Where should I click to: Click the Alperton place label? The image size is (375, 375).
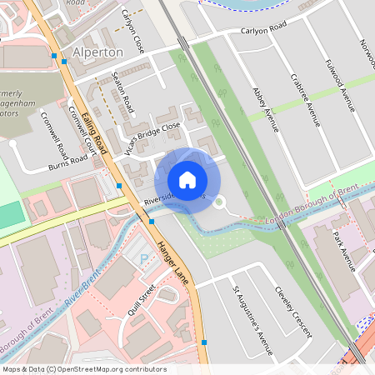click(x=98, y=52)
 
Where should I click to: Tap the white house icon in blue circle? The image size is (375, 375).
click(x=187, y=180)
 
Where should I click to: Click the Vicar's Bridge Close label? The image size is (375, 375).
click(x=153, y=132)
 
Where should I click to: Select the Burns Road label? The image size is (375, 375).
click(x=67, y=160)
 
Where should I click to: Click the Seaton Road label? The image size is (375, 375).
click(x=122, y=92)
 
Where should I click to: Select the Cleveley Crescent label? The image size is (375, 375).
click(x=293, y=312)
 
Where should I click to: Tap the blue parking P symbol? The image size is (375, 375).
click(x=142, y=261)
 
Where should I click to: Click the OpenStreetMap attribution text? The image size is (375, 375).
click(x=84, y=368)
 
